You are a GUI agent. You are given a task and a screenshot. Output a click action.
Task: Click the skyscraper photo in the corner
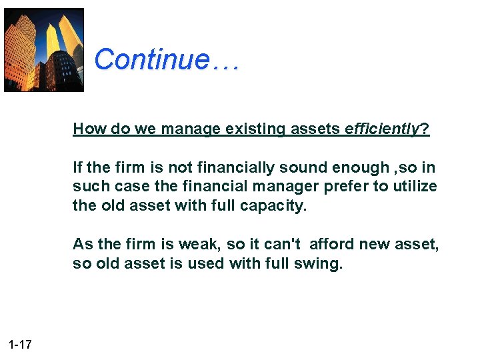tap(44, 50)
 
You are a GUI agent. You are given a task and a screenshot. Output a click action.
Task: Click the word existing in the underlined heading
tap(250, 129)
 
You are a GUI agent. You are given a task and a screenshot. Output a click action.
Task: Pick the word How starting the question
tap(87, 129)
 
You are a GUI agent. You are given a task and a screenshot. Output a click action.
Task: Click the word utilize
tap(413, 187)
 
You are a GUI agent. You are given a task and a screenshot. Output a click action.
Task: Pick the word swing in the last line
tap(321, 264)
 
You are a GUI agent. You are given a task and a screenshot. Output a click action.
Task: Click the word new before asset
tap(377, 245)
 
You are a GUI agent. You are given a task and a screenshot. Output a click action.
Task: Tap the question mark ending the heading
tap(425, 129)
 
